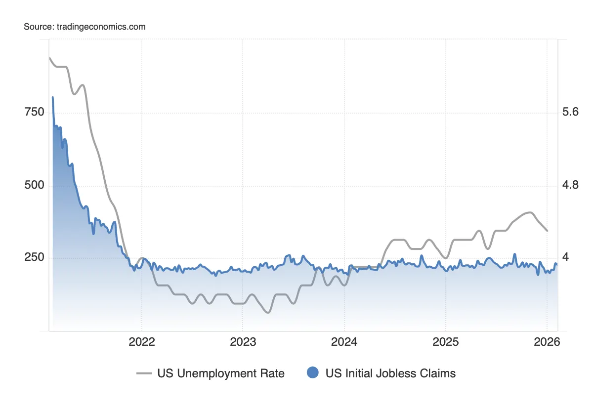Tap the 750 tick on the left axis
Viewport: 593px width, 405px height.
pyautogui.click(x=34, y=112)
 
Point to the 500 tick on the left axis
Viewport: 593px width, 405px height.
pyautogui.click(x=34, y=186)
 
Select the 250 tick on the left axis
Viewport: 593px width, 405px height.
pyautogui.click(x=34, y=258)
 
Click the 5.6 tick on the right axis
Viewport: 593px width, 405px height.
pyautogui.click(x=570, y=112)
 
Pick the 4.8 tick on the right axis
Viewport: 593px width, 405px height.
pyautogui.click(x=570, y=186)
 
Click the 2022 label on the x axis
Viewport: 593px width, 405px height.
pyautogui.click(x=142, y=342)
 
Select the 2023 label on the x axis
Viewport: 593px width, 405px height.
pyautogui.click(x=243, y=342)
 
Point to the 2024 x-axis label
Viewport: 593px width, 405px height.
pyautogui.click(x=344, y=342)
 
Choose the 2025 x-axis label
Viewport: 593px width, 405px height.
pyautogui.click(x=445, y=342)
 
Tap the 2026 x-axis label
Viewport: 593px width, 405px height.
pyautogui.click(x=547, y=342)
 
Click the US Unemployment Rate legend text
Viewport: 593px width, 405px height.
pyautogui.click(x=221, y=373)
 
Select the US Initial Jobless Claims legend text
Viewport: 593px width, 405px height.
pyautogui.click(x=390, y=373)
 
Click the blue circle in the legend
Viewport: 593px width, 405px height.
pyautogui.click(x=312, y=373)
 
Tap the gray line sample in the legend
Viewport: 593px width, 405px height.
pyautogui.click(x=144, y=374)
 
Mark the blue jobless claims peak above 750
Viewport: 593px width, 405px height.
pyautogui.click(x=53, y=98)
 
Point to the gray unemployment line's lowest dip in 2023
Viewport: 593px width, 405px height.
pyautogui.click(x=267, y=312)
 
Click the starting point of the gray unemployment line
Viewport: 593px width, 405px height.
pyautogui.click(x=49, y=58)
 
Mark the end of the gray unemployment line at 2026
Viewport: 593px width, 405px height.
pyautogui.click(x=547, y=231)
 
